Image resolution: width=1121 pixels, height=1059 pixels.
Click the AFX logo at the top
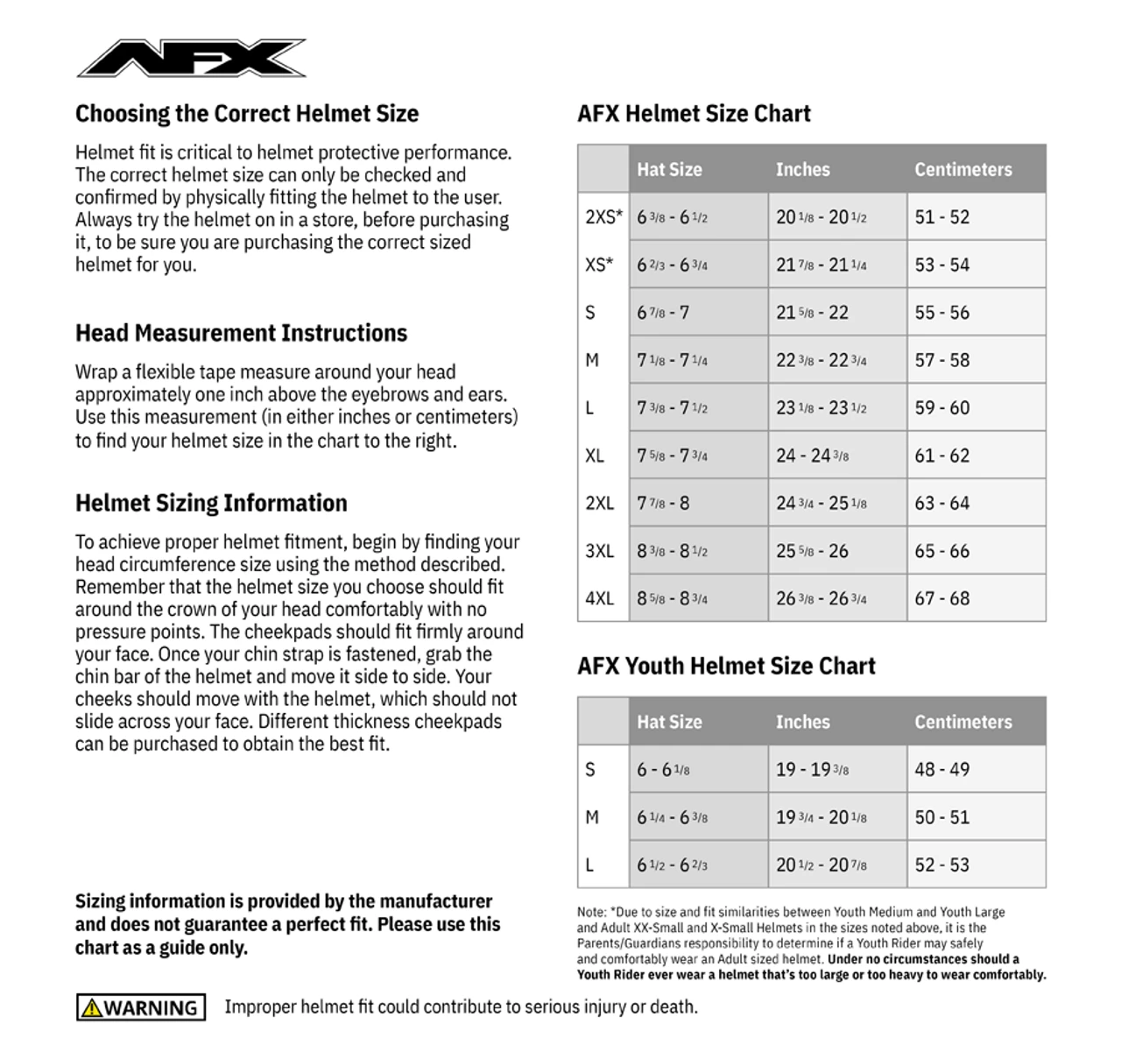point(192,58)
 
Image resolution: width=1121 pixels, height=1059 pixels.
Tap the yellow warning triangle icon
point(92,1008)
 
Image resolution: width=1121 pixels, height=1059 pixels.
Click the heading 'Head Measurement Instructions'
point(241,334)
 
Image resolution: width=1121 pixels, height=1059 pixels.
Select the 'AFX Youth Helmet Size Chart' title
point(726,667)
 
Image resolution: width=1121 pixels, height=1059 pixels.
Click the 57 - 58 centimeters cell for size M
point(941,360)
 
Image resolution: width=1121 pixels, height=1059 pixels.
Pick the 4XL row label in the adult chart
point(600,599)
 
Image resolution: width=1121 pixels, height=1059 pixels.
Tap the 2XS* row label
point(603,217)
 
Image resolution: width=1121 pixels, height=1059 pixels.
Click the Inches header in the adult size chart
point(802,170)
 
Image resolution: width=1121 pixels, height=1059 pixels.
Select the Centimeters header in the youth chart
point(962,723)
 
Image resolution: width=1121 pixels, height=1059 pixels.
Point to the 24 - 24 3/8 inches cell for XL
point(812,455)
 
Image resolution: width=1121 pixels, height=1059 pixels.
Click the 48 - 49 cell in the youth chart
point(941,770)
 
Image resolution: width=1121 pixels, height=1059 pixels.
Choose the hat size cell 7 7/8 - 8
point(663,504)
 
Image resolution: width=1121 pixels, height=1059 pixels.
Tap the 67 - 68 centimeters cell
point(941,599)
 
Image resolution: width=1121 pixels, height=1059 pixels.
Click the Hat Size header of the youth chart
point(669,723)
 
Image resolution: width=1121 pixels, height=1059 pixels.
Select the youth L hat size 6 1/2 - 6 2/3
point(672,865)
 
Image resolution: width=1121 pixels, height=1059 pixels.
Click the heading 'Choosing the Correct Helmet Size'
point(247,114)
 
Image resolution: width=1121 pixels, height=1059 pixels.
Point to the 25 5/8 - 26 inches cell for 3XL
point(812,552)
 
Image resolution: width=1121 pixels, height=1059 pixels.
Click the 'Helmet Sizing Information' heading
point(211,504)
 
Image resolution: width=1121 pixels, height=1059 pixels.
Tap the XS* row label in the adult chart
point(599,265)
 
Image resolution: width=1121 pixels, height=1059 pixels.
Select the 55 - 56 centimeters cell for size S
point(941,313)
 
